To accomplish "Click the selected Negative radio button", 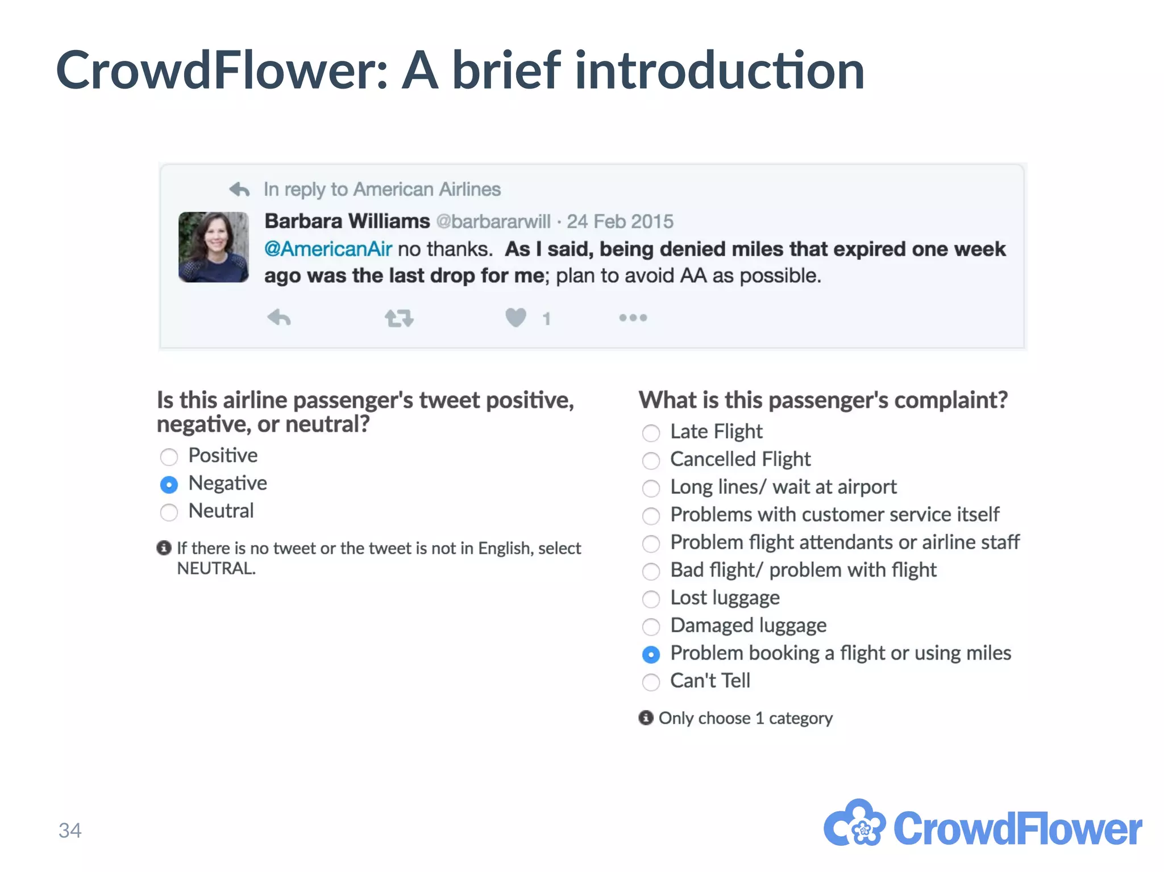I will [x=169, y=484].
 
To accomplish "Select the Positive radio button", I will [x=169, y=456].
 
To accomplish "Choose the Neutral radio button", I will [x=169, y=512].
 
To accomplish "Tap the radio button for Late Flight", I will [x=651, y=433].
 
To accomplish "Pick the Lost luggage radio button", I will [x=651, y=599].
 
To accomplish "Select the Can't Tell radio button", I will [x=651, y=682].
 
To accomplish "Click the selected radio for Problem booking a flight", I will [x=651, y=654].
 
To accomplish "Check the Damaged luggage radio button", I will [x=651, y=627].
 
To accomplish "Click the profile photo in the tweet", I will [x=214, y=247].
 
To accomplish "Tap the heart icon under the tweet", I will [x=516, y=317].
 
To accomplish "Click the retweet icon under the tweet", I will [x=399, y=318].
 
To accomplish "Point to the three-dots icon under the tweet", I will [x=633, y=318].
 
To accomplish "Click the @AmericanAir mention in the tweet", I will [x=328, y=249].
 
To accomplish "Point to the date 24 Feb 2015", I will [x=620, y=221].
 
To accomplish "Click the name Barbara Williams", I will [x=347, y=221].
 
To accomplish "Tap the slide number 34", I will [x=70, y=831].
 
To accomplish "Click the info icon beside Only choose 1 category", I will [x=646, y=717].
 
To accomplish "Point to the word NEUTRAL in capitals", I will [x=216, y=568].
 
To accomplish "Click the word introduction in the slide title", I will [x=720, y=70].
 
